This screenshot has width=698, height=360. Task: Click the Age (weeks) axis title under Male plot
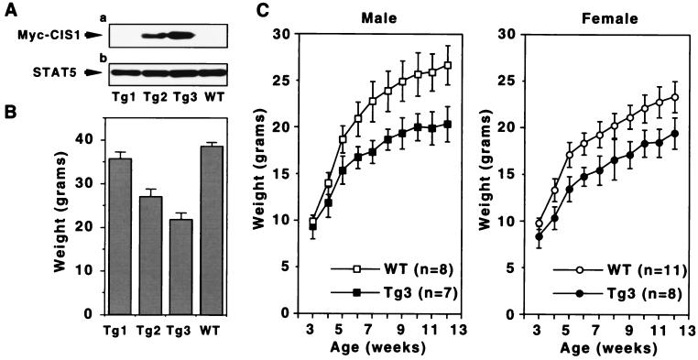click(x=365, y=348)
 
